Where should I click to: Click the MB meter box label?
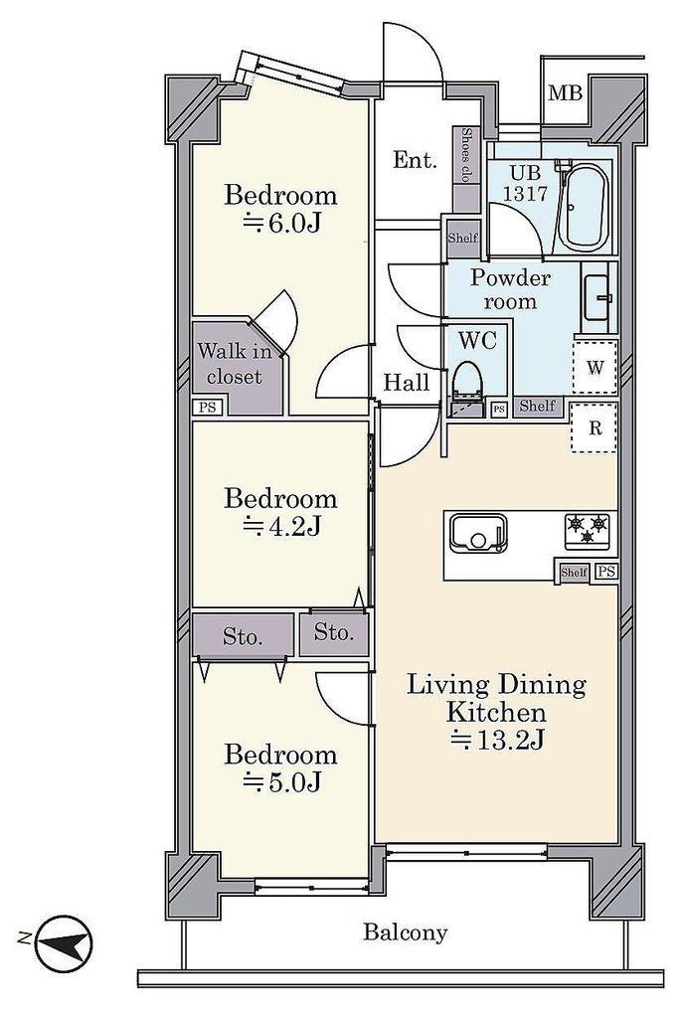pyautogui.click(x=566, y=93)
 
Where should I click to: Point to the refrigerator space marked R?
pyautogui.click(x=595, y=427)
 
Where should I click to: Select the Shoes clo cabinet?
pyautogui.click(x=466, y=169)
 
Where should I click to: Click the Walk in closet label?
pyautogui.click(x=235, y=364)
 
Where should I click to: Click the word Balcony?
pyautogui.click(x=405, y=933)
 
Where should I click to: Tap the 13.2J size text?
pyautogui.click(x=497, y=740)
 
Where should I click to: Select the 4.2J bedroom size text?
pyautogui.click(x=281, y=527)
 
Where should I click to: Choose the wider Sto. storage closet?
pyautogui.click(x=243, y=635)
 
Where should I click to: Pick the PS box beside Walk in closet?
pyautogui.click(x=207, y=408)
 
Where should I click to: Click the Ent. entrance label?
pyautogui.click(x=415, y=160)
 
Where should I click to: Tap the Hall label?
pyautogui.click(x=407, y=382)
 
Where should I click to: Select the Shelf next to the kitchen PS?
pyautogui.click(x=574, y=572)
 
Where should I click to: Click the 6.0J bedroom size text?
pyautogui.click(x=281, y=223)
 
